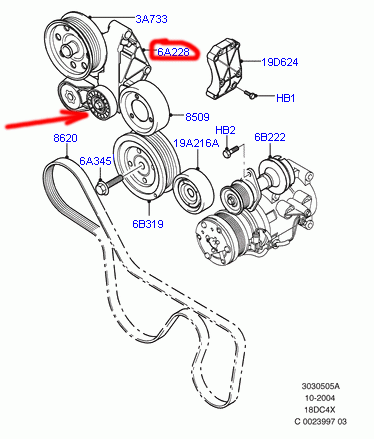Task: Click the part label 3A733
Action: pyautogui.click(x=151, y=19)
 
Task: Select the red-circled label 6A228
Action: pyautogui.click(x=173, y=52)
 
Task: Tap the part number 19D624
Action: pyautogui.click(x=280, y=62)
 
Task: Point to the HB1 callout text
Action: pyautogui.click(x=286, y=98)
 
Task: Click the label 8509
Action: pyautogui.click(x=197, y=117)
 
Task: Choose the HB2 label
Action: pyautogui.click(x=225, y=130)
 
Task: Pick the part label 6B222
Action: pyautogui.click(x=270, y=137)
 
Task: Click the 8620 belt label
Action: pyautogui.click(x=65, y=138)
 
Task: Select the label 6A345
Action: pyautogui.click(x=95, y=161)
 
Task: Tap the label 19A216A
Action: pyautogui.click(x=196, y=143)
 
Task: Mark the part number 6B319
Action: pyautogui.click(x=148, y=224)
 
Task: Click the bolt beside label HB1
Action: pyautogui.click(x=250, y=94)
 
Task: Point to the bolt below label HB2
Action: pyautogui.click(x=231, y=151)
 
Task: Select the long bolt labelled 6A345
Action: pyautogui.click(x=109, y=184)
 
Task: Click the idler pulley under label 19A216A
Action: pyautogui.click(x=193, y=191)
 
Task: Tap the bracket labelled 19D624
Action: pyautogui.click(x=223, y=69)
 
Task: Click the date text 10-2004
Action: pyautogui.click(x=320, y=398)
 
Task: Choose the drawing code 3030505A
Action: pyautogui.click(x=321, y=386)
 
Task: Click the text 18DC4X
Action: pyautogui.click(x=320, y=410)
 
